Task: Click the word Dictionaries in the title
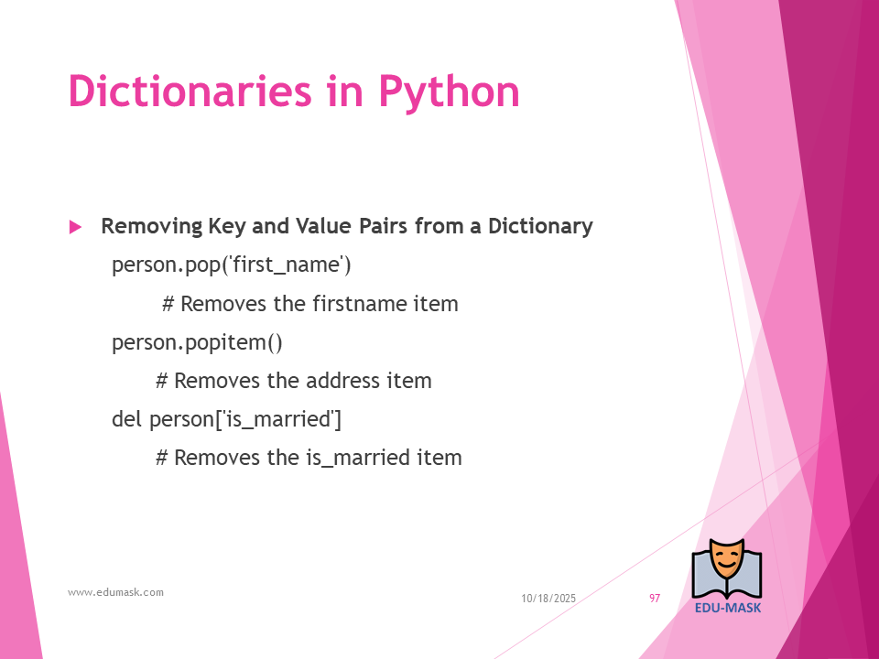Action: click(x=190, y=91)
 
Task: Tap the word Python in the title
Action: click(x=450, y=93)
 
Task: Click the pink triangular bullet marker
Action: click(x=75, y=227)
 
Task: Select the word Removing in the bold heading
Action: click(x=151, y=226)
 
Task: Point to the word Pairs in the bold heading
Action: click(x=384, y=226)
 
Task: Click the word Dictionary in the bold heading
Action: click(x=540, y=226)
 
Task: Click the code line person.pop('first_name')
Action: click(x=232, y=265)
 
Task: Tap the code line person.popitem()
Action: click(x=198, y=342)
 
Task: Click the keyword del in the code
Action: click(x=126, y=418)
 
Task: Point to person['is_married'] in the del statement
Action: click(x=245, y=419)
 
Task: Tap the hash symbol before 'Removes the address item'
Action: click(x=161, y=381)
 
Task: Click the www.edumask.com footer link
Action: click(x=115, y=592)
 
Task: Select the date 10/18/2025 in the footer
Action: click(x=548, y=599)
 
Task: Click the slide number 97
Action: click(x=655, y=598)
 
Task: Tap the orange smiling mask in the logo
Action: click(x=726, y=559)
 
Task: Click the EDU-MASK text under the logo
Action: click(x=728, y=608)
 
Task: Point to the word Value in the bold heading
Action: click(x=324, y=226)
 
